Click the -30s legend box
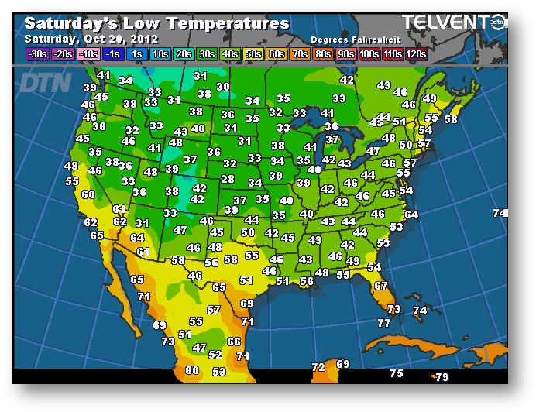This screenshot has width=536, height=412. point(37,53)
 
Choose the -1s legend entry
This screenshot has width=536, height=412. point(113,53)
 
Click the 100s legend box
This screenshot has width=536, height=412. point(369,53)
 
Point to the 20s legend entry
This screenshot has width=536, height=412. point(184,53)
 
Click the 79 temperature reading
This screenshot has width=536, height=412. point(442,377)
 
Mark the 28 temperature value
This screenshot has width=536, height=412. point(227,179)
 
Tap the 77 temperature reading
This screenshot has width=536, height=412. point(384,322)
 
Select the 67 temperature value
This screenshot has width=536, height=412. point(380,286)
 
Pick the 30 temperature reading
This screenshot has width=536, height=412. point(223,87)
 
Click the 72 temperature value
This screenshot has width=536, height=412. point(318,366)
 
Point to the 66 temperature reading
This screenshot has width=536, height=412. point(234,341)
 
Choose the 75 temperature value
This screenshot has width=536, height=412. point(397,373)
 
